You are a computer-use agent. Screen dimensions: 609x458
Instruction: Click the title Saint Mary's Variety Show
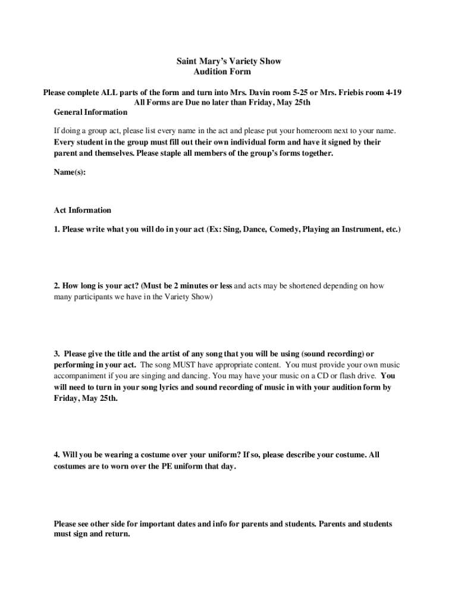(x=229, y=61)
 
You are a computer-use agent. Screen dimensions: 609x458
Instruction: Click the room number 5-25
(x=297, y=92)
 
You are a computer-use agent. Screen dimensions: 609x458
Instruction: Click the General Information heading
(x=90, y=112)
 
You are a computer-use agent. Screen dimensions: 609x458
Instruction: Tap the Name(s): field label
(x=70, y=172)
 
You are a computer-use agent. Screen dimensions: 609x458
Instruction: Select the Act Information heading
(x=82, y=210)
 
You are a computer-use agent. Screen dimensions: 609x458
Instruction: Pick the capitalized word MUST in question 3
(x=174, y=365)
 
